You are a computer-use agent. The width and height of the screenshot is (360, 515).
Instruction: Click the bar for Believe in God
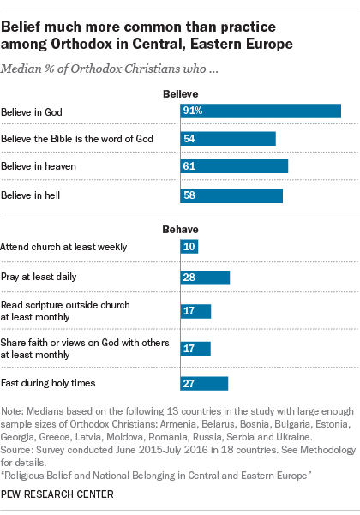point(261,111)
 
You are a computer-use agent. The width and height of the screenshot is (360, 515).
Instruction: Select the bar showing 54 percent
point(228,139)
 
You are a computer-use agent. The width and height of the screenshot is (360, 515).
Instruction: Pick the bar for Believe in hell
point(231,195)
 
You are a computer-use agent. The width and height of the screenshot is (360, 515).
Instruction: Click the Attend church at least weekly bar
point(189,247)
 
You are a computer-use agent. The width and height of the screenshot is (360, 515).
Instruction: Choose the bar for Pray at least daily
point(205,277)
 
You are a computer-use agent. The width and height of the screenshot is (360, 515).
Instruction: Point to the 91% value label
point(192,111)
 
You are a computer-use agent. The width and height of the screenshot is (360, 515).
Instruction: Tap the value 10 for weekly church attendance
point(189,247)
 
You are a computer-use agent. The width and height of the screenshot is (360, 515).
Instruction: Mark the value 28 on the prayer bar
point(189,277)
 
